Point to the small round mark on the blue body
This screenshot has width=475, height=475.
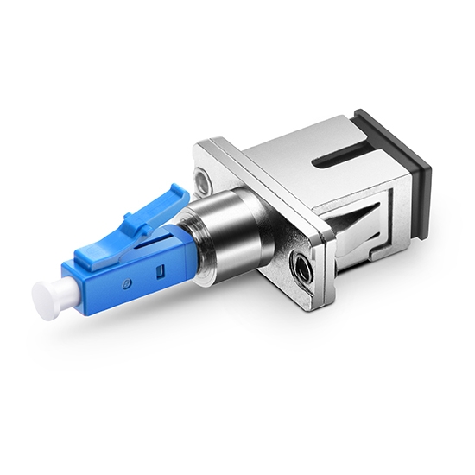click(126, 282)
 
